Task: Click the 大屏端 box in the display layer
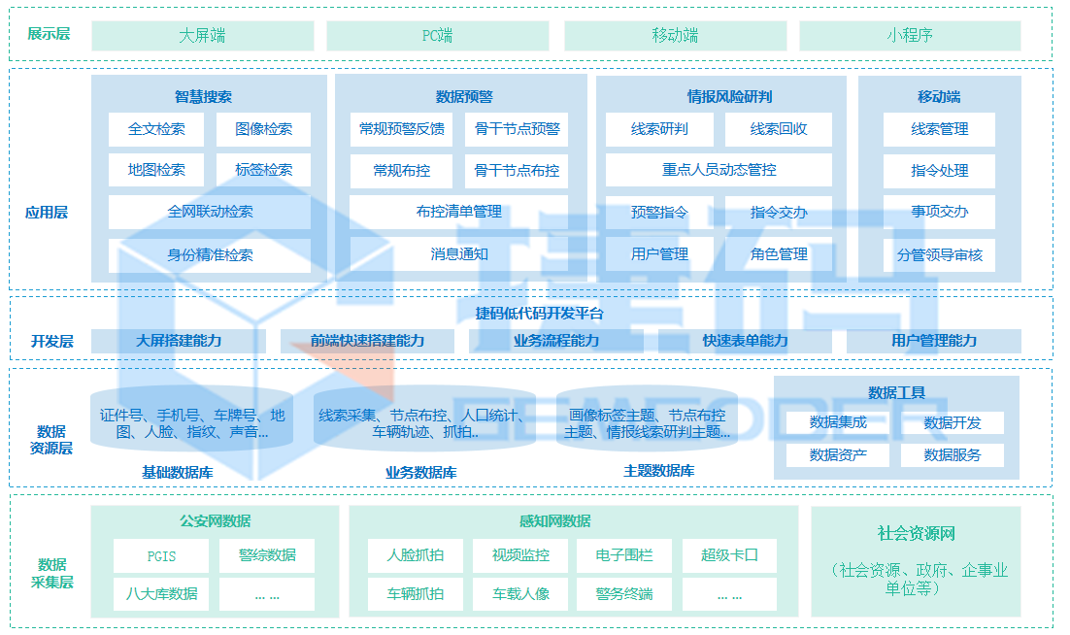[x=202, y=36]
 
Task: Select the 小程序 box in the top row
[x=910, y=36]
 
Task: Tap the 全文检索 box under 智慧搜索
[x=156, y=129]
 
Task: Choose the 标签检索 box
[x=263, y=170]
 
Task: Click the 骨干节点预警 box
[x=517, y=129]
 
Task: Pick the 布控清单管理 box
[x=459, y=212]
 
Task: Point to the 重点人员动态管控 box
[x=719, y=170]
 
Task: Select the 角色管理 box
[x=779, y=253]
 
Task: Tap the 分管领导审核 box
[x=939, y=255]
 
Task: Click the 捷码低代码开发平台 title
[x=539, y=313]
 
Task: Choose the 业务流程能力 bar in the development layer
[x=555, y=341]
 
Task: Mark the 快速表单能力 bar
[x=745, y=341]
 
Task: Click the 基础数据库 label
[x=178, y=472]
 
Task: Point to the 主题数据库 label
[x=658, y=471]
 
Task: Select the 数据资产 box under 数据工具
[x=838, y=454]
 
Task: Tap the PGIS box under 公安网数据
[x=161, y=556]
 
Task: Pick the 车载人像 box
[x=520, y=593]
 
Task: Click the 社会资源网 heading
[x=916, y=534]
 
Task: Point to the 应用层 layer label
[x=47, y=212]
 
